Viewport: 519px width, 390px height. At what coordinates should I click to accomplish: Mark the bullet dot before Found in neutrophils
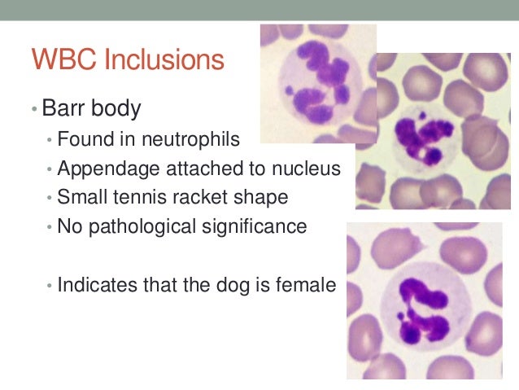pos(50,141)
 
